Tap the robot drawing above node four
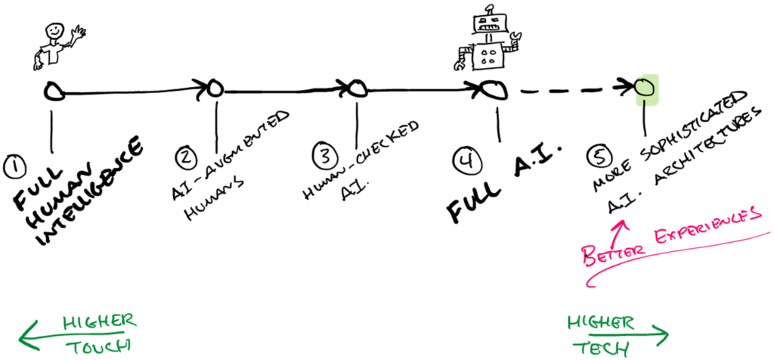(x=488, y=42)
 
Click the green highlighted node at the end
(x=645, y=88)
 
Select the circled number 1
(x=14, y=164)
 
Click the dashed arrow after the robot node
(x=574, y=89)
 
